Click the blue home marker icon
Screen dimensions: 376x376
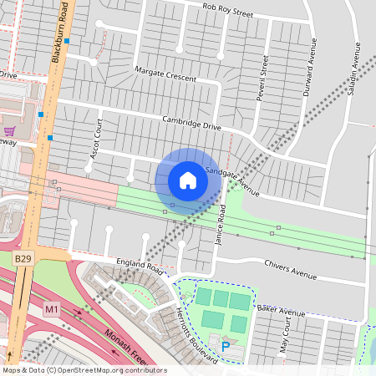point(188,180)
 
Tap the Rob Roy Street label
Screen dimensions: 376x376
point(227,10)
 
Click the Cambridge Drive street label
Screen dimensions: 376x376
point(191,123)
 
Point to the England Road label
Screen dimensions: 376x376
point(140,266)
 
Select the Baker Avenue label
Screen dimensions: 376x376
point(281,312)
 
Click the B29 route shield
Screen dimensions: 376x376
point(23,261)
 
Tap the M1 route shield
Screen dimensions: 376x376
point(52,309)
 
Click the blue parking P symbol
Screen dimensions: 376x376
point(225,343)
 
